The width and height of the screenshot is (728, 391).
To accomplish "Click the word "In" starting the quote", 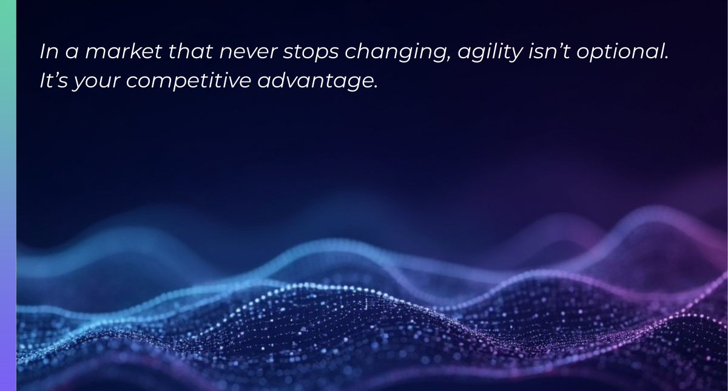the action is pyautogui.click(x=49, y=52).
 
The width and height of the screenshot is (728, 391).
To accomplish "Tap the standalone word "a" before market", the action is pyautogui.click(x=72, y=53).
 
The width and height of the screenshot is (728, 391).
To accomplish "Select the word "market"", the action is pyautogui.click(x=124, y=52).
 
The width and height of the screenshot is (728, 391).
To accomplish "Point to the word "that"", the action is pyautogui.click(x=190, y=52).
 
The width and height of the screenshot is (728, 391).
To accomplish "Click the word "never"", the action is pyautogui.click(x=248, y=53).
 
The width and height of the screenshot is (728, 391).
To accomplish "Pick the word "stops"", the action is pyautogui.click(x=311, y=53).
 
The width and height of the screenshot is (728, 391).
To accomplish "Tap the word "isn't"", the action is pyautogui.click(x=549, y=52).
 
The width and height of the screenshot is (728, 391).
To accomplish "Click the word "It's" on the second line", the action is pyautogui.click(x=53, y=80).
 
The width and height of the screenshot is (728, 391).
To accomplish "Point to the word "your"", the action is pyautogui.click(x=96, y=83).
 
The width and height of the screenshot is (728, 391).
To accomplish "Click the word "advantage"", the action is pyautogui.click(x=315, y=82).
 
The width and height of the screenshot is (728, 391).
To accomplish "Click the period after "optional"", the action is pyautogui.click(x=666, y=58).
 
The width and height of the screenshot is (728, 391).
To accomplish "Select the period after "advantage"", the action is pyautogui.click(x=376, y=87).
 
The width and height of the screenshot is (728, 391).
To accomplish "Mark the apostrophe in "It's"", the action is pyautogui.click(x=56, y=75).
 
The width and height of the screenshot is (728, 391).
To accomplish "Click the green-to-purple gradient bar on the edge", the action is pyautogui.click(x=8, y=195).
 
